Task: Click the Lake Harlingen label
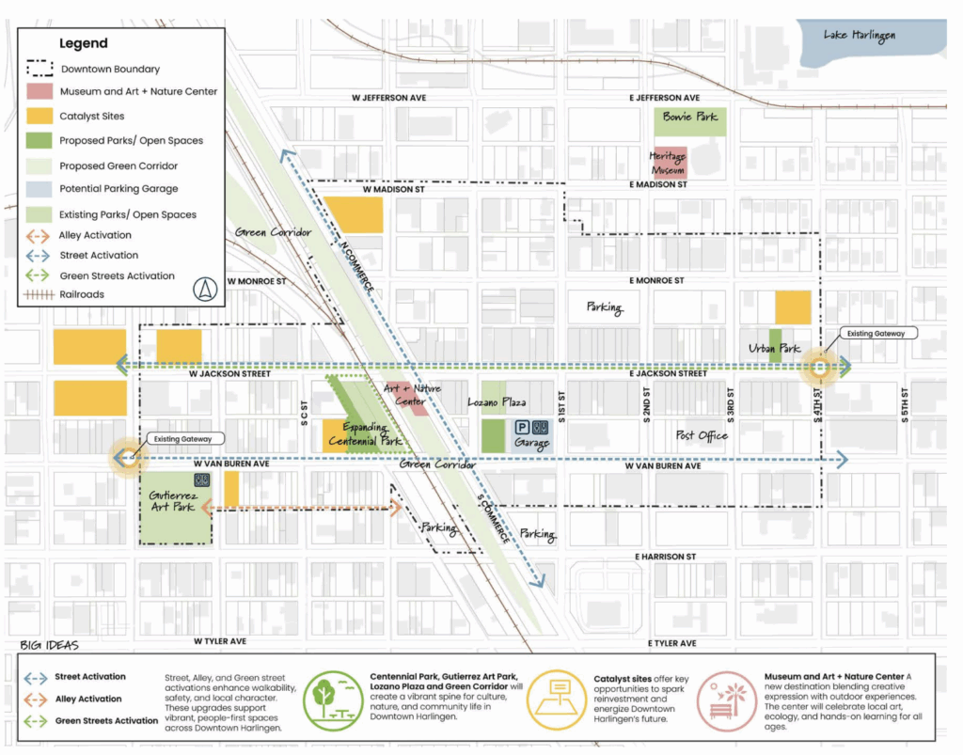[x=859, y=36]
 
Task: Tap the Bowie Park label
[x=689, y=117]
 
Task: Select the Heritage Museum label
[x=667, y=163]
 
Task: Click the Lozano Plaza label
[x=496, y=401]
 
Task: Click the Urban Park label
[x=774, y=349]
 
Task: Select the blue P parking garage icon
[x=520, y=427]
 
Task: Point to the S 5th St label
[x=904, y=405]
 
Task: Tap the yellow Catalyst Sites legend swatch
[x=36, y=117]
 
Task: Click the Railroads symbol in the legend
[x=36, y=294]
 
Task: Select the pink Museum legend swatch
[x=36, y=92]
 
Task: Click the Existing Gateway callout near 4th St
[x=875, y=333]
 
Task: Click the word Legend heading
[x=84, y=43]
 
